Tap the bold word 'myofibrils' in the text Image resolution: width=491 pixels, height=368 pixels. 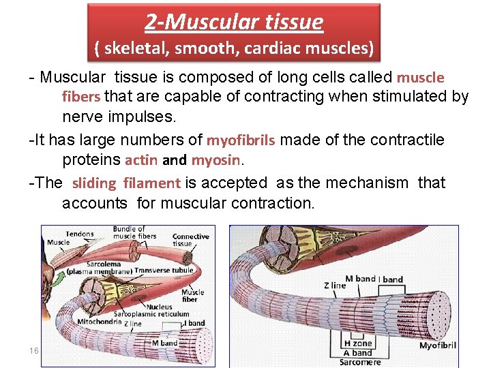[x=241, y=141]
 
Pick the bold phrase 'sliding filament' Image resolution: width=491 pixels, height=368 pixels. [x=126, y=183]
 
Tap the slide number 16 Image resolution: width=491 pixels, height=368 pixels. [x=33, y=350]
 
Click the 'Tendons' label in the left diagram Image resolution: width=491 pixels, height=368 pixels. [x=80, y=234]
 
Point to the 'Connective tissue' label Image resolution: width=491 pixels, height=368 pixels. [x=191, y=241]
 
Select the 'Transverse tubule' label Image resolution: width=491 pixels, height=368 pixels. [x=164, y=271]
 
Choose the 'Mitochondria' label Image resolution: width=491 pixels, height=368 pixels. [x=100, y=322]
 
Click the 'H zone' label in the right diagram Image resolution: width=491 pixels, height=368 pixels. [x=357, y=344]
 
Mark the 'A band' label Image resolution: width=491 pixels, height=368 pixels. [x=357, y=352]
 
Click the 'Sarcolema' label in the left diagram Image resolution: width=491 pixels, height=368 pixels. [x=104, y=264]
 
